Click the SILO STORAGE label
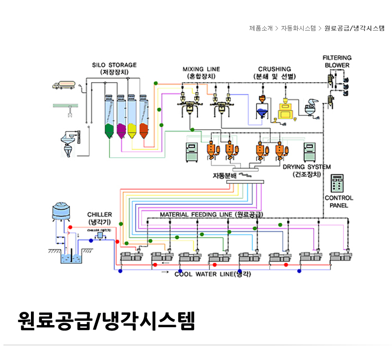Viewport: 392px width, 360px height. (114, 64)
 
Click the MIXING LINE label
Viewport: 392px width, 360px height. (201, 69)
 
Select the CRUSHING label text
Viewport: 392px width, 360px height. (275, 69)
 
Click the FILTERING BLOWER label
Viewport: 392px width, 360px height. (337, 61)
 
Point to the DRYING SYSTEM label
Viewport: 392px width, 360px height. (307, 167)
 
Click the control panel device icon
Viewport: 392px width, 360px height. (337, 183)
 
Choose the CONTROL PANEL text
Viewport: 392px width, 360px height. (339, 201)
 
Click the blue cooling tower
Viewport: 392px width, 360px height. (62, 212)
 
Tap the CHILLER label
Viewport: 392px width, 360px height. (100, 214)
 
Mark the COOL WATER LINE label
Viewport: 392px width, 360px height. (212, 274)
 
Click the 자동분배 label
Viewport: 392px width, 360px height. (224, 175)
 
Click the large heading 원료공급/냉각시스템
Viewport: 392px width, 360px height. (106, 321)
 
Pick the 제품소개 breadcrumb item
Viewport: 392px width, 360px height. (261, 28)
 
